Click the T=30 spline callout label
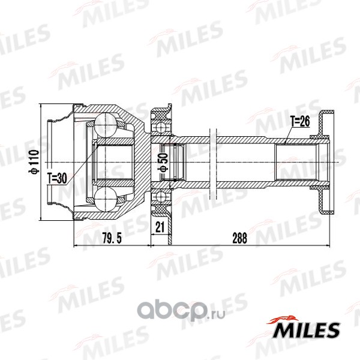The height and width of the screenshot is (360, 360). point(57,178)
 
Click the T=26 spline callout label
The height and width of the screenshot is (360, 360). point(300,121)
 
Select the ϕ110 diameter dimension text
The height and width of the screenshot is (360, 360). point(35,161)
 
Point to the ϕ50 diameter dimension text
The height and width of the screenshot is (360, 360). point(164,163)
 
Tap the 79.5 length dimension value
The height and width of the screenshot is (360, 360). point(112,238)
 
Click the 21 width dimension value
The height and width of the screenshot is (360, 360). point(160,227)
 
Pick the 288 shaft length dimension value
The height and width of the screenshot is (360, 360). point(239,238)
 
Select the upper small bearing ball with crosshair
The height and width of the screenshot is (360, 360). point(161,127)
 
